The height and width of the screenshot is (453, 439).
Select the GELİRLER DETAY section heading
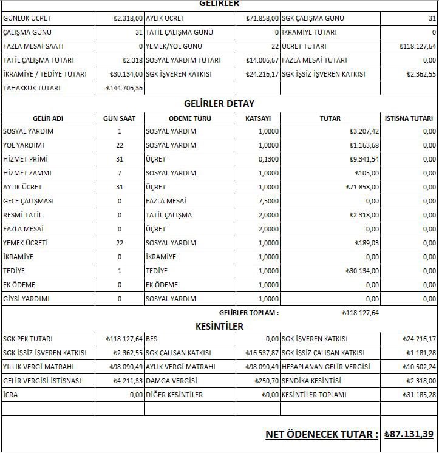point(219,104)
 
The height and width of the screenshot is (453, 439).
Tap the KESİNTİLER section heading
point(219,326)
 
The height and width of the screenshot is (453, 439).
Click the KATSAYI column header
point(257,118)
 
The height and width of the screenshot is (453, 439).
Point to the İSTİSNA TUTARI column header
point(409,118)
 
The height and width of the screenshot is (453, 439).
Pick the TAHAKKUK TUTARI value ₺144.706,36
point(124,88)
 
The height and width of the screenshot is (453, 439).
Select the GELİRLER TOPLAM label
point(248,313)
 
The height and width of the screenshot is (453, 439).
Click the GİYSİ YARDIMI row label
point(26,299)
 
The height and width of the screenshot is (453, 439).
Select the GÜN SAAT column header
point(120,118)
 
